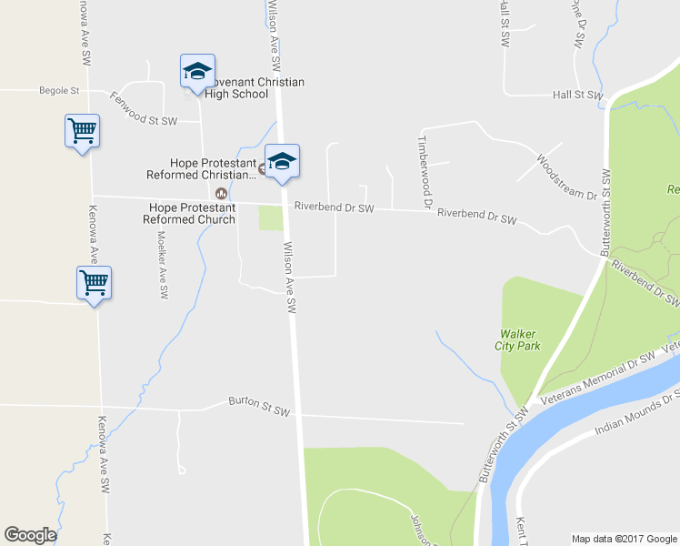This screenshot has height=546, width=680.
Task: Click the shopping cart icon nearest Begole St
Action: pyautogui.click(x=82, y=130)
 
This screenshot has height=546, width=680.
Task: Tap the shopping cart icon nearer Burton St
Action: pyautogui.click(x=95, y=282)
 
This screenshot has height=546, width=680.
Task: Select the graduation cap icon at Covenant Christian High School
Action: pyautogui.click(x=197, y=70)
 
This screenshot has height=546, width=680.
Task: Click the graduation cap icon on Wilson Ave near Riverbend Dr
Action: pyautogui.click(x=282, y=161)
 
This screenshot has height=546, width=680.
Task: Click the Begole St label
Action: pyautogui.click(x=60, y=91)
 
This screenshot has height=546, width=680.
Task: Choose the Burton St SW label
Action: pyautogui.click(x=258, y=406)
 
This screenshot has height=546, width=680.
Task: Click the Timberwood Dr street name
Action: pyautogui.click(x=423, y=171)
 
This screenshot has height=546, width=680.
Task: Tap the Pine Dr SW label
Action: pyautogui.click(x=577, y=25)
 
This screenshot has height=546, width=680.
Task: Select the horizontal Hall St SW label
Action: pyautogui.click(x=577, y=95)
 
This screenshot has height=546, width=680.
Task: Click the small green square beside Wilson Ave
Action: pyautogui.click(x=270, y=218)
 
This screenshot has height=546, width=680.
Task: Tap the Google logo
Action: pyautogui.click(x=30, y=535)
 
